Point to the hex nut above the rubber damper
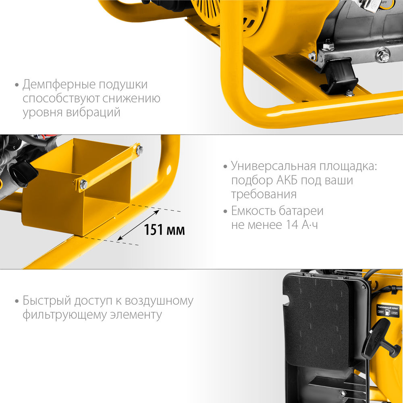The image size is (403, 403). tap(328, 46)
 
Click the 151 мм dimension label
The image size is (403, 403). tap(164, 230)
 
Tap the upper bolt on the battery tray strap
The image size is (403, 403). tap(139, 150)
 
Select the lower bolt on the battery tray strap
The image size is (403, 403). tap(83, 185)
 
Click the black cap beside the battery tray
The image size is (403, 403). tap(23, 174)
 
